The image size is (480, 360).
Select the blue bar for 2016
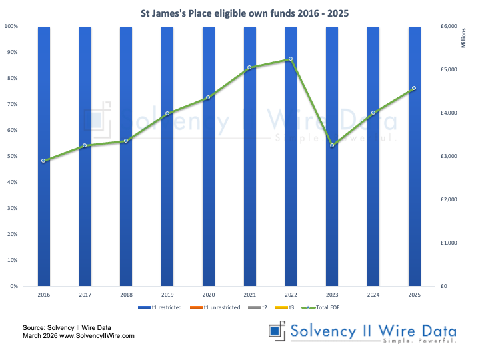(44, 200)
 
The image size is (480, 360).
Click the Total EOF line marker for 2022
(291, 59)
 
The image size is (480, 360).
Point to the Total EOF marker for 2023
(332, 145)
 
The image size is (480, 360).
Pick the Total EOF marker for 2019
(167, 114)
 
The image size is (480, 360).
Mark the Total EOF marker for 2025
(414, 88)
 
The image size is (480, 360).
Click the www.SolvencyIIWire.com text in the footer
(97, 336)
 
